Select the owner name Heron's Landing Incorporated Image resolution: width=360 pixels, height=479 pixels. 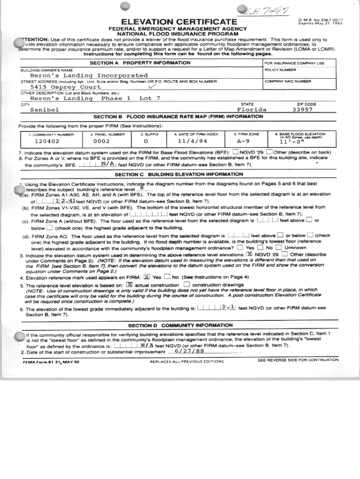pos(89,75)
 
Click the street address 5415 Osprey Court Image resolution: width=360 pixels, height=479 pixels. pos(65,87)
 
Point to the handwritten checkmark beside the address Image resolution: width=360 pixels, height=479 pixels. pos(152,87)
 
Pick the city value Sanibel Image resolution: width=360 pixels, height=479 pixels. pos(44,110)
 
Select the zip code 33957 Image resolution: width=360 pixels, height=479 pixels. pos(302,110)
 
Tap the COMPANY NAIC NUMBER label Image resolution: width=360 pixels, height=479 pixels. pos(288,81)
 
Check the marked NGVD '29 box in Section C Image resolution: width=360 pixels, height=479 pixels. pos(250,254)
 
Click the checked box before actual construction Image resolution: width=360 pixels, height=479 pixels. pos(130,284)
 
